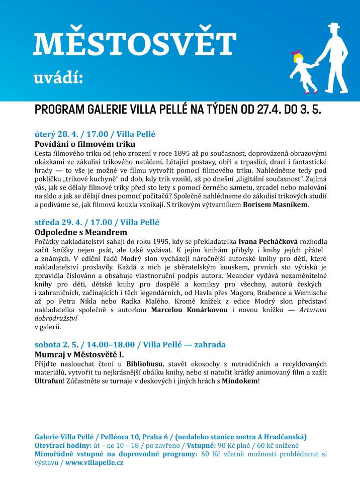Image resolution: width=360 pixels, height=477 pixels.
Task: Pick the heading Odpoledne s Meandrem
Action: click(x=80, y=232)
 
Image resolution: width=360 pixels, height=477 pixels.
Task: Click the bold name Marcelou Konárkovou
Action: click(x=190, y=310)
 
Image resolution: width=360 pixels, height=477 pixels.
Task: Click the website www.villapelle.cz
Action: click(x=94, y=462)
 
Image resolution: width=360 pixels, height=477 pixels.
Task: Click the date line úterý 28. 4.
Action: click(x=53, y=134)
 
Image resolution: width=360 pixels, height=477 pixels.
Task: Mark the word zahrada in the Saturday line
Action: click(x=209, y=345)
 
